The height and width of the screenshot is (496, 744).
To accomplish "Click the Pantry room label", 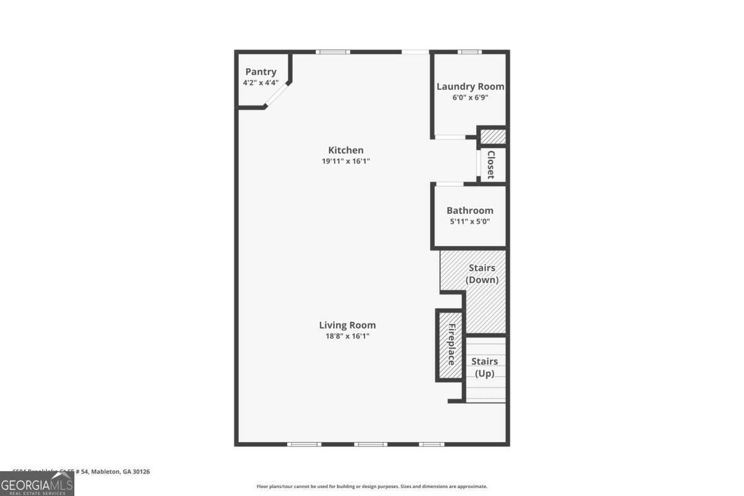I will point(260,72).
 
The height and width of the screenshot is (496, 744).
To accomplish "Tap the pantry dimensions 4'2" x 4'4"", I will point(260,82).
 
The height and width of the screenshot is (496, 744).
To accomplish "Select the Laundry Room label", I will point(470,87).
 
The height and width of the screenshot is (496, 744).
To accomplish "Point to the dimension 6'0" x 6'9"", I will point(470,97).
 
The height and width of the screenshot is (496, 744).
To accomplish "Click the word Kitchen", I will point(345,150).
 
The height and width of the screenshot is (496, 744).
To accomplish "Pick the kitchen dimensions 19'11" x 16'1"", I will point(345,161).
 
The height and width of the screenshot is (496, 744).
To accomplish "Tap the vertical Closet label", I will point(490,165).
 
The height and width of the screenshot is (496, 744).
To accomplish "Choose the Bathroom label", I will point(470,211).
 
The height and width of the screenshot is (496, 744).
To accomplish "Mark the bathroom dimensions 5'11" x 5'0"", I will point(470,221).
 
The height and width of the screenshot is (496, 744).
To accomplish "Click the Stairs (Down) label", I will point(482,273).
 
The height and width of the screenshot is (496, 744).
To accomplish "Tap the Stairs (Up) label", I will point(484,367).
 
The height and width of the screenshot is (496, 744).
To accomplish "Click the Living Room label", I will point(347,325).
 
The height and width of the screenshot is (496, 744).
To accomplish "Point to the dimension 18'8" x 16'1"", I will point(347,336).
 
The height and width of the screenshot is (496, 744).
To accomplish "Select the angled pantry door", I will point(278,96).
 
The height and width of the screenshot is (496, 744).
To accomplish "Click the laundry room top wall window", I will point(469,52).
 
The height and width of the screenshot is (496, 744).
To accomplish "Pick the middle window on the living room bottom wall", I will point(371,444).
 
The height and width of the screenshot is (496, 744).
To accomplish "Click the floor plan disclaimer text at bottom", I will point(372,487).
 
